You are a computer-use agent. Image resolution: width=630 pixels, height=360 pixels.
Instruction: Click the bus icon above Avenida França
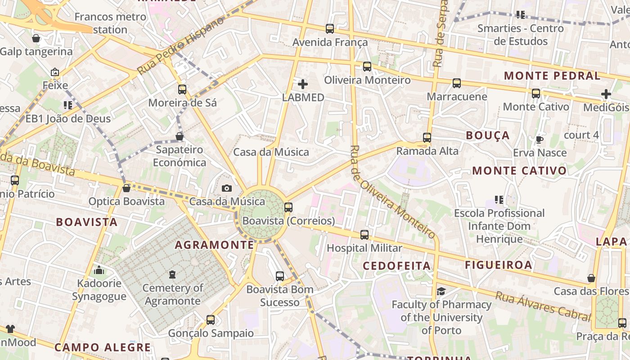pos(330,29)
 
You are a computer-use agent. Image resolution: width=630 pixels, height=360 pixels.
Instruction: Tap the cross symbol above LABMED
pos(303,84)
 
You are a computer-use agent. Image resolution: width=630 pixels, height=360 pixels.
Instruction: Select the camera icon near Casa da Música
pos(227,188)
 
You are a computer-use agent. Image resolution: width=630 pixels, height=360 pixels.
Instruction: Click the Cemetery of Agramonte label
pos(172,294)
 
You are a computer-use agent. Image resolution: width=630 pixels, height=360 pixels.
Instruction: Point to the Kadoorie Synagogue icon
pos(99,270)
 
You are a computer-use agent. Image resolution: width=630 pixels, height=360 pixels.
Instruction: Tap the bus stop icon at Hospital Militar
pos(364,234)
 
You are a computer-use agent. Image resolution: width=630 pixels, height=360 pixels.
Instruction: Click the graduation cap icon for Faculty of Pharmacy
pos(441,291)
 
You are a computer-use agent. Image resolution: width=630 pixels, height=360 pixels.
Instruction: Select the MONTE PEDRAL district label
pos(552,76)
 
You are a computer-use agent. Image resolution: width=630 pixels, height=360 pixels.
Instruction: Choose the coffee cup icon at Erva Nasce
pos(540,139)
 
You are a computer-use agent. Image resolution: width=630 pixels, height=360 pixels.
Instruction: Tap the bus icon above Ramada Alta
pos(427,138)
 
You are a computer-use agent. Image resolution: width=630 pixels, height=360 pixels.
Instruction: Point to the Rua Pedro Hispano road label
pos(181,46)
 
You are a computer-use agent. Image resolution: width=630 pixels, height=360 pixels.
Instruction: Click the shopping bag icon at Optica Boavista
pos(126,188)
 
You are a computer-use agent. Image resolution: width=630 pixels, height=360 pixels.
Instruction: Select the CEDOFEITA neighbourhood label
pos(397,265)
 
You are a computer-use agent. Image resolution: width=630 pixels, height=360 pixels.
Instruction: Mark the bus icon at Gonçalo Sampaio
pos(211,320)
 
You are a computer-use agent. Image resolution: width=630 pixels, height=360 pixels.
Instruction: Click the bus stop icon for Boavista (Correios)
pos(288,207)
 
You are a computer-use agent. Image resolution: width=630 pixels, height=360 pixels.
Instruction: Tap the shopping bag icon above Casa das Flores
pos(591,278)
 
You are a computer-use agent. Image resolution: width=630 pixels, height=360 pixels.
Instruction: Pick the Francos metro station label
pos(110,23)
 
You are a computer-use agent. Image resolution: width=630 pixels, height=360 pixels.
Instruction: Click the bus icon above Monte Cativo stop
pos(536,94)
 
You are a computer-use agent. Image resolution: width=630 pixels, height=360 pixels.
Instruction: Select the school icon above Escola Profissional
pos(499,199)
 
